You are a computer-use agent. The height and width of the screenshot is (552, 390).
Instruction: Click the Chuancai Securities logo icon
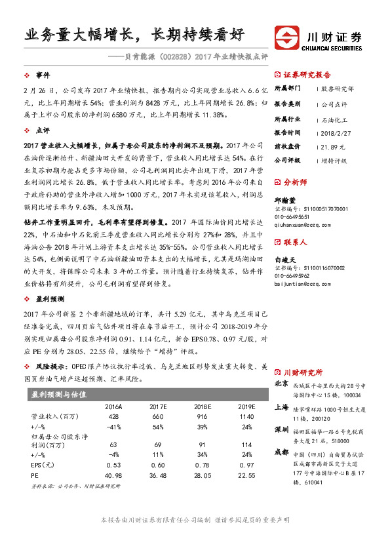click(x=286, y=37)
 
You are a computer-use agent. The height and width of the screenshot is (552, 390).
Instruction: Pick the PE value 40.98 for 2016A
click(x=113, y=475)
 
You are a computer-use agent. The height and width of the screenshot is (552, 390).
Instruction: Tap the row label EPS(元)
click(x=43, y=465)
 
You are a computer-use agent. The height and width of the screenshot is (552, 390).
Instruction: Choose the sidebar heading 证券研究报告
click(x=307, y=75)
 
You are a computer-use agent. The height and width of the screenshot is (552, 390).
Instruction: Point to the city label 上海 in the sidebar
click(x=281, y=406)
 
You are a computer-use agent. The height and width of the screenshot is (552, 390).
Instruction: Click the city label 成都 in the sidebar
click(x=281, y=451)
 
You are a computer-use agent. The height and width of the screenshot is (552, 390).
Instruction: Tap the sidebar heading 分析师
click(x=298, y=184)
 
